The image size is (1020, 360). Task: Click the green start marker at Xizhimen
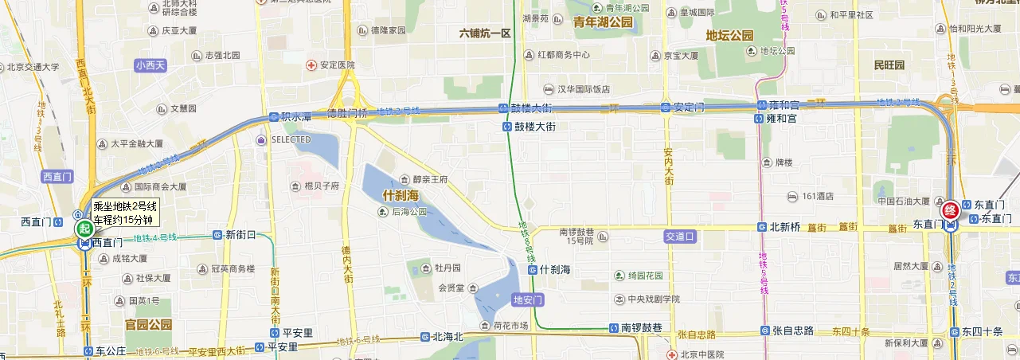pyautogui.click(x=84, y=228)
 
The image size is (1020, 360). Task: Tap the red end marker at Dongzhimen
pyautogui.click(x=950, y=211)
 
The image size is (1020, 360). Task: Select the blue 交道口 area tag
pyautogui.click(x=680, y=237)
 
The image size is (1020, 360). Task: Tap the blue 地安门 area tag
pyautogui.click(x=528, y=300)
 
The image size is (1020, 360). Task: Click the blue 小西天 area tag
pyautogui.click(x=150, y=65)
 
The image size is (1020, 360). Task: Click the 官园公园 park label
pyautogui.click(x=149, y=325)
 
